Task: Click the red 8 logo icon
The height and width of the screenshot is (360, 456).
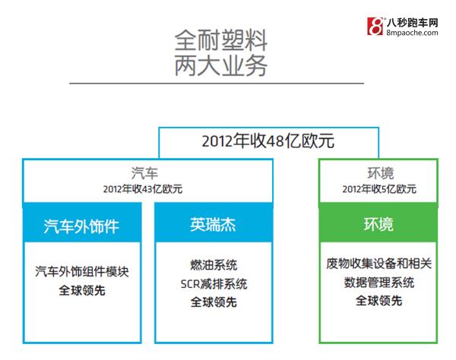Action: click(x=375, y=26)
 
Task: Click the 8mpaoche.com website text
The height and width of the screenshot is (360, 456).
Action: click(x=412, y=33)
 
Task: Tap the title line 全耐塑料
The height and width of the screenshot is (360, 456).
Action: click(x=220, y=40)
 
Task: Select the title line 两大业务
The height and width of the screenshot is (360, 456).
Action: click(x=220, y=65)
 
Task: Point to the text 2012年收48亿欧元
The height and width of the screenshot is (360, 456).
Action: click(x=268, y=141)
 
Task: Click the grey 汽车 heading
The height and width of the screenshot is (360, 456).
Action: click(x=144, y=173)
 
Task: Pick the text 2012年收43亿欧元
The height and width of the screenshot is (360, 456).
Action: click(x=143, y=189)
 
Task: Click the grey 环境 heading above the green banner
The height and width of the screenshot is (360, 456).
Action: click(x=381, y=173)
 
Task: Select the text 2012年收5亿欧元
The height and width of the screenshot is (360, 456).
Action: click(x=379, y=189)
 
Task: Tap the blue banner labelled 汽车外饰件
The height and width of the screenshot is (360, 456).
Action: click(x=82, y=223)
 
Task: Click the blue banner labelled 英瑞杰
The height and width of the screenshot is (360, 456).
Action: click(x=214, y=223)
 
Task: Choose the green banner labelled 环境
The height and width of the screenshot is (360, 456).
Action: click(x=378, y=223)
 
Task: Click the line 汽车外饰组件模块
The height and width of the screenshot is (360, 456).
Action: click(x=82, y=272)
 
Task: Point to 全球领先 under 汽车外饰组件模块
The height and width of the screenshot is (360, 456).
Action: click(x=82, y=290)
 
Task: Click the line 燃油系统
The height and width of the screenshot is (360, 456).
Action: click(x=214, y=265)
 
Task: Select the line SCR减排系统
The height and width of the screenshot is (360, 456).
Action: click(x=214, y=284)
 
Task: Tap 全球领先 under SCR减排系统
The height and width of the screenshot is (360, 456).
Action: click(x=214, y=302)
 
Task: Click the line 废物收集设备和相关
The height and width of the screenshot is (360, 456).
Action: click(x=378, y=264)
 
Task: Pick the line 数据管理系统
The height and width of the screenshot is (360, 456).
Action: click(x=378, y=283)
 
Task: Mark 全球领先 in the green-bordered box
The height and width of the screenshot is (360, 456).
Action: click(x=378, y=301)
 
